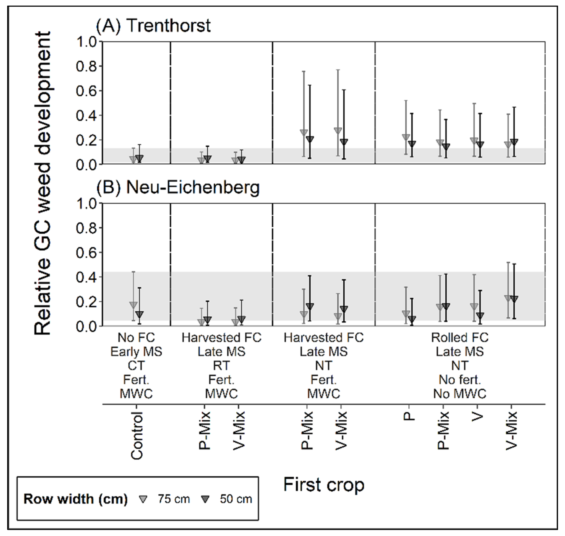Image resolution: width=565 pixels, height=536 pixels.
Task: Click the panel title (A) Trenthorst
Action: [153, 26]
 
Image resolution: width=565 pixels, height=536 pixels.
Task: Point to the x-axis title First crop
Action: [324, 484]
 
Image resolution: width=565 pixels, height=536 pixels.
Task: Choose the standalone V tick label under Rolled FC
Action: [477, 417]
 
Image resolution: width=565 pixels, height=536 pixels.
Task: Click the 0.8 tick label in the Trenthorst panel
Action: [87, 66]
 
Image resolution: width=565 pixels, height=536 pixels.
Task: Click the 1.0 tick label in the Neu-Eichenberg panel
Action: [87, 204]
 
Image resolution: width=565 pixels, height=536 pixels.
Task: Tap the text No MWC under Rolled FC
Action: [460, 394]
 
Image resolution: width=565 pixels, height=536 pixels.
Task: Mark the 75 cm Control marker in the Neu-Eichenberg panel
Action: [133, 305]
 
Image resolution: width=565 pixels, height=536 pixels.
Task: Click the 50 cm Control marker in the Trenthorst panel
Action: [139, 158]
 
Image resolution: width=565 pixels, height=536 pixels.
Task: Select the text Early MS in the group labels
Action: [136, 352]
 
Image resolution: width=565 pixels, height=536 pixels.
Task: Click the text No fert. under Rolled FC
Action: [460, 380]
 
